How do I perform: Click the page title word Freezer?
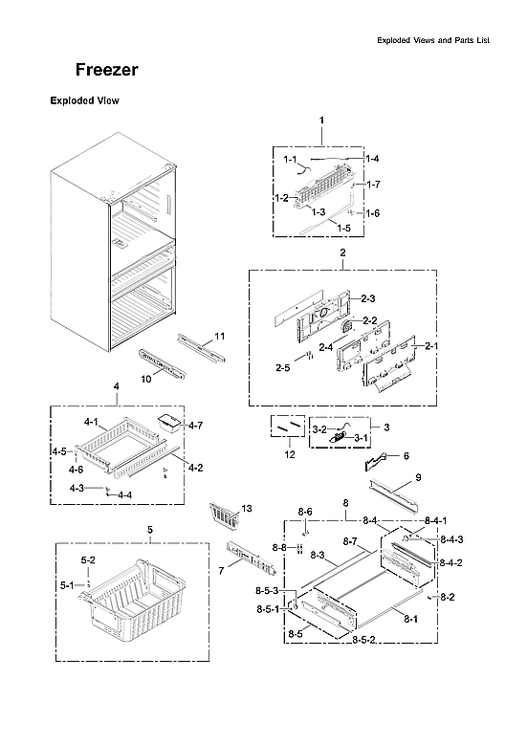(107, 71)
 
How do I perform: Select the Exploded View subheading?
(83, 100)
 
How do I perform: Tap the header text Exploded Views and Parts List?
(439, 41)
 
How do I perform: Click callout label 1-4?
(372, 158)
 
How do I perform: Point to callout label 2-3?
(367, 299)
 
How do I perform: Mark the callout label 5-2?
(88, 559)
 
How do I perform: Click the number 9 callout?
(417, 476)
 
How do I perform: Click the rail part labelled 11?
(200, 346)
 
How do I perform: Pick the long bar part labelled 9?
(394, 493)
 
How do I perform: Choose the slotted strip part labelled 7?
(249, 558)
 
